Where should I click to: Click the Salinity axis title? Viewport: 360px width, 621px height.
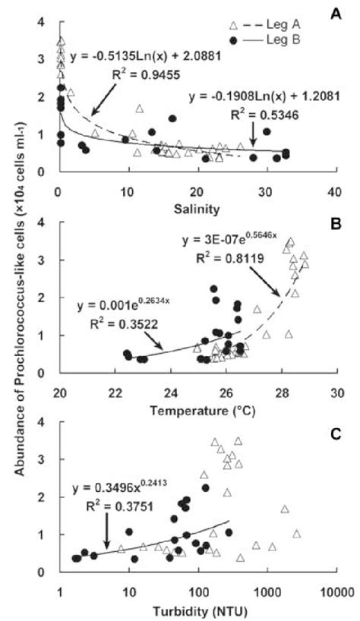196,206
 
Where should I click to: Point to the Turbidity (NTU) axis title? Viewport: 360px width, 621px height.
196,610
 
